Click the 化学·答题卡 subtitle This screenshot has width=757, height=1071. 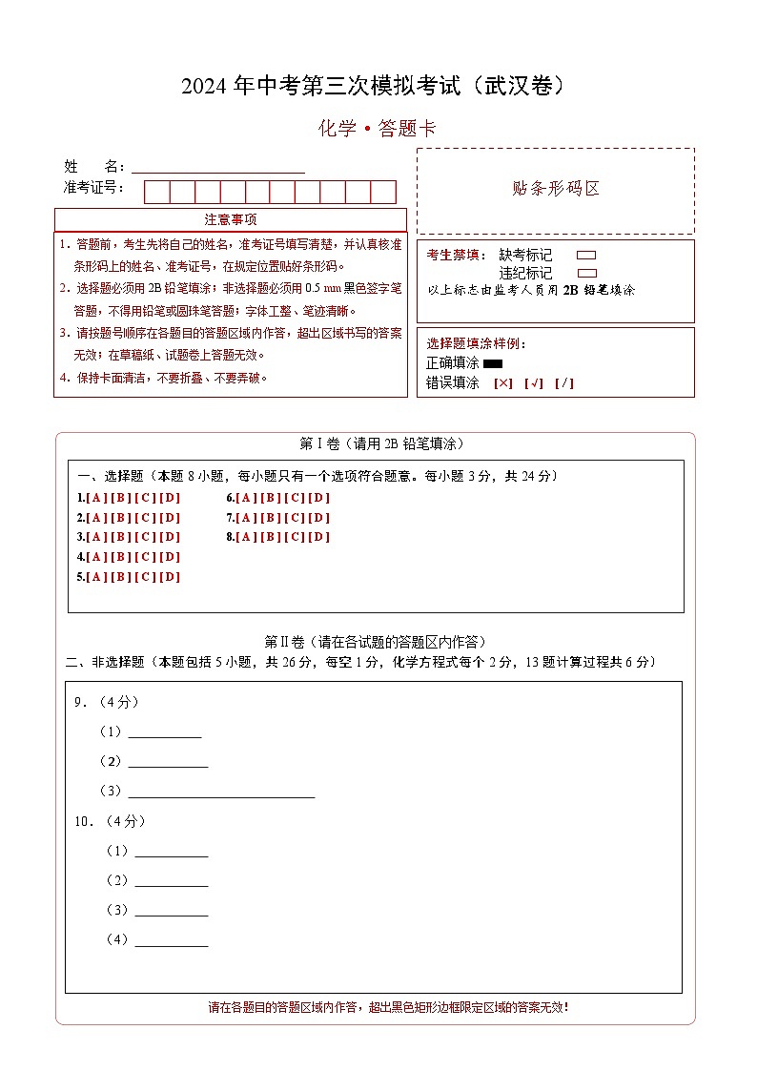pyautogui.click(x=378, y=129)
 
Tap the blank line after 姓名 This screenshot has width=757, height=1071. pyautogui.click(x=218, y=168)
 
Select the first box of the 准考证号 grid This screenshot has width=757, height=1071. pyautogui.click(x=156, y=192)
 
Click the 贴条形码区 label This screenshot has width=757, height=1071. pyautogui.click(x=556, y=189)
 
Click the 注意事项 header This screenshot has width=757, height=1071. pyautogui.click(x=230, y=220)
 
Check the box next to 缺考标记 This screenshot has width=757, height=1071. pyautogui.click(x=586, y=256)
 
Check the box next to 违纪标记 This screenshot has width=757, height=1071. pyautogui.click(x=586, y=273)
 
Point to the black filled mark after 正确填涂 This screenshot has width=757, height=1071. pyautogui.click(x=493, y=363)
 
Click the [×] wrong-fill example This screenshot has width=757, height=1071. pyautogui.click(x=503, y=383)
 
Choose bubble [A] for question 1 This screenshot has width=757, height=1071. pyautogui.click(x=96, y=498)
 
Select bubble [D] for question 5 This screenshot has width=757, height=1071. pyautogui.click(x=169, y=577)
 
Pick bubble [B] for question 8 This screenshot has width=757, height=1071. pyautogui.click(x=271, y=537)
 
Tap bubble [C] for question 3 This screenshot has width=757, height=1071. pyautogui.click(x=145, y=537)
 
